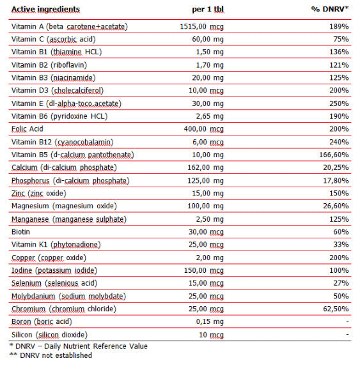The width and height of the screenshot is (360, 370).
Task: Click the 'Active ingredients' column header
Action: [45, 10]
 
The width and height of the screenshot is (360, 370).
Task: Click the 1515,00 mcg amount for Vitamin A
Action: [201, 26]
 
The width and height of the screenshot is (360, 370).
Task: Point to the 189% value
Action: [339, 26]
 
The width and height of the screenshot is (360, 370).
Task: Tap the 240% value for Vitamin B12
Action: [339, 141]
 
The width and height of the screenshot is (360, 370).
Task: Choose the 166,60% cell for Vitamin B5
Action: [334, 155]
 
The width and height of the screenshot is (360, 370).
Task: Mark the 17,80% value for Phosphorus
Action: [336, 180]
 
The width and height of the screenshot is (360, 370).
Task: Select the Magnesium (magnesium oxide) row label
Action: [64, 206]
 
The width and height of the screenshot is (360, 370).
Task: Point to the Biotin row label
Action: [22, 231]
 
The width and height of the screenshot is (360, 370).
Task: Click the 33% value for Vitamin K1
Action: [341, 244]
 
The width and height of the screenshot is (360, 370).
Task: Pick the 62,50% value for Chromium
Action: [336, 309]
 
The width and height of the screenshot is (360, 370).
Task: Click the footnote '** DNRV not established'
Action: [51, 355]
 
